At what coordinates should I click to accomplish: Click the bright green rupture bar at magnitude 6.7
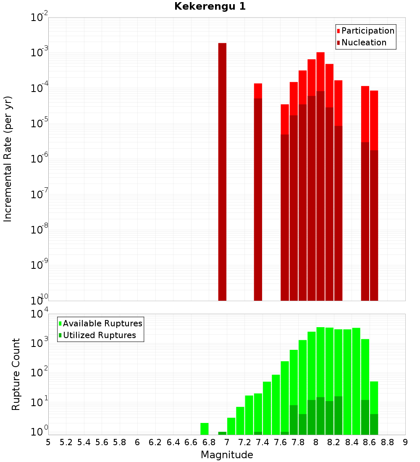[x=205, y=428]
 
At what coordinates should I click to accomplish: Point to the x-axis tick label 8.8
[x=388, y=442]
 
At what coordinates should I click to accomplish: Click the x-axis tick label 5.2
[x=66, y=442]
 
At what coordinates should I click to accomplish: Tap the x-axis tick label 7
[x=227, y=442]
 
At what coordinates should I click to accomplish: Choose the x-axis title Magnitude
[x=227, y=455]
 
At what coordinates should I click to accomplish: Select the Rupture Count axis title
[x=16, y=374]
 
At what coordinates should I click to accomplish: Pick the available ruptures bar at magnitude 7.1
[x=240, y=420]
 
